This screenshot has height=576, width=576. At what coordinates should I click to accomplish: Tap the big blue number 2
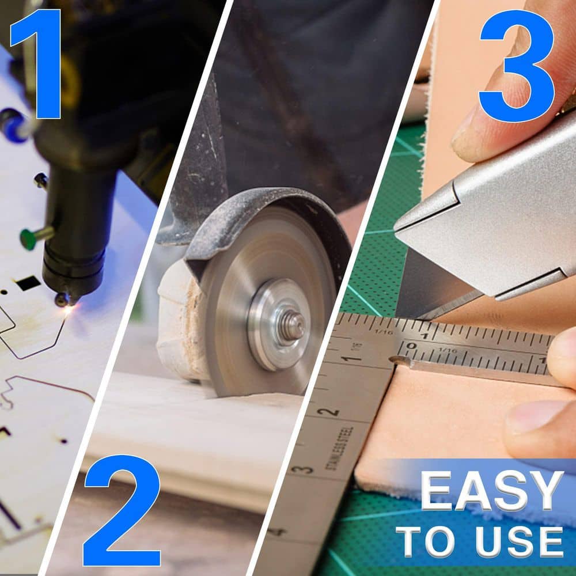pos(122,510)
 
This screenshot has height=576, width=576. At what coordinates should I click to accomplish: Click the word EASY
pos(492,491)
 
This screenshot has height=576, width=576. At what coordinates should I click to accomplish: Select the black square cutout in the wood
pos(28,283)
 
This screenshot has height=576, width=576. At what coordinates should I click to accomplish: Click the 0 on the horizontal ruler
pos(412,346)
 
